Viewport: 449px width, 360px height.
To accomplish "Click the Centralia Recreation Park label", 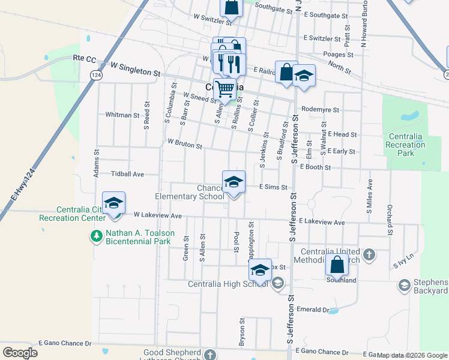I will tap(406, 145).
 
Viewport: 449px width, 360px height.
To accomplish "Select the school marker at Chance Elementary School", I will tap(234, 182).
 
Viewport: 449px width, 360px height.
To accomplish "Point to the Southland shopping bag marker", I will tap(337, 265).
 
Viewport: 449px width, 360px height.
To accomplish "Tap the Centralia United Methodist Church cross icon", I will tap(369, 255).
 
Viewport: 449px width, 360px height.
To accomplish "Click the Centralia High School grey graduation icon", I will tap(277, 283).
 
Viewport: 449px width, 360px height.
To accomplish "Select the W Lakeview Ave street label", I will tap(157, 215).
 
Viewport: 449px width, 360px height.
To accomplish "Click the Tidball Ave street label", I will tap(127, 174).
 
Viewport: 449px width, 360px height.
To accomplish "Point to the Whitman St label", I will tap(122, 115).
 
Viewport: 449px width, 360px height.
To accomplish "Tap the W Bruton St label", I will tap(185, 144).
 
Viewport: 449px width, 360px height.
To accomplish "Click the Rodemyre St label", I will tap(321, 110).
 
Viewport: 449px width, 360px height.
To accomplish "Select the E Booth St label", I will tap(316, 167).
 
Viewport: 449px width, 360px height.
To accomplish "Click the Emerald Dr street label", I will tap(313, 310).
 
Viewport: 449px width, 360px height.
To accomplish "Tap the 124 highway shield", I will tap(95, 74).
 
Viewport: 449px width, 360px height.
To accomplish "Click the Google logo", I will tap(20, 352).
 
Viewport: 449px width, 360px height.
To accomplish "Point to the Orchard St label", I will tap(390, 220).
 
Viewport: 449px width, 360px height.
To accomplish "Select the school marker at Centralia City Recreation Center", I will tap(113, 203).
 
